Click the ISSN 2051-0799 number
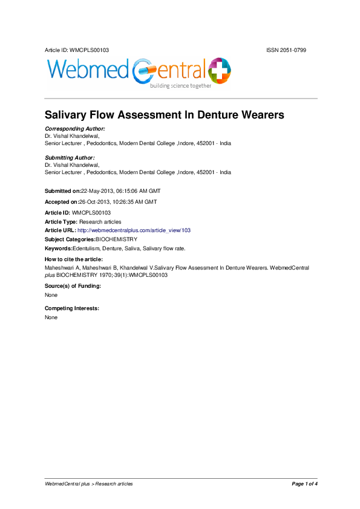[x=286, y=50]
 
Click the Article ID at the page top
[x=77, y=50]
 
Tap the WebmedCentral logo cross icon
[x=218, y=70]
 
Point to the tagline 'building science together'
[x=181, y=86]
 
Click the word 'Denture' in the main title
[x=218, y=114]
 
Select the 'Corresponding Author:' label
[x=75, y=129]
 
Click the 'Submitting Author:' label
[x=70, y=157]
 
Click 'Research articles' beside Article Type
[x=100, y=222]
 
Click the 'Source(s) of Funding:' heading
[x=73, y=285]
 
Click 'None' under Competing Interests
[x=51, y=317]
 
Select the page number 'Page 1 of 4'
[x=304, y=484]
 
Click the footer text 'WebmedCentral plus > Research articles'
[x=89, y=484]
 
